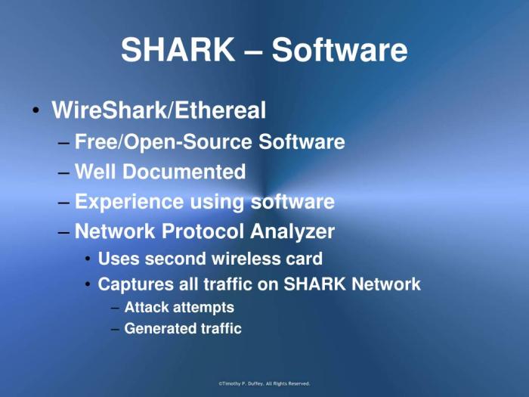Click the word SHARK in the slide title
[178, 51]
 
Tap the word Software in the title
[340, 51]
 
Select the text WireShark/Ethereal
[159, 111]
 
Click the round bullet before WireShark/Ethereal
[36, 112]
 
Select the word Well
[95, 172]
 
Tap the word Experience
[129, 202]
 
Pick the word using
[217, 202]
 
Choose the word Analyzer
[297, 231]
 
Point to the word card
[305, 259]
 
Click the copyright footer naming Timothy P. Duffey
[264, 384]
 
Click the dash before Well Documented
[63, 172]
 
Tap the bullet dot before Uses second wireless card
[88, 259]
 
